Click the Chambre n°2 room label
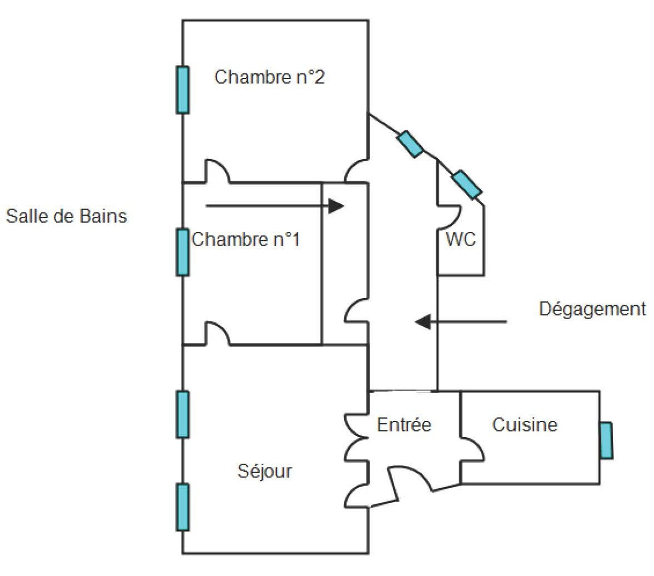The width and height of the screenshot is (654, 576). [269, 77]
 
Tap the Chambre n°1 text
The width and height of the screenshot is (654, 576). [245, 240]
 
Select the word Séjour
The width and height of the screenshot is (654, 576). [264, 471]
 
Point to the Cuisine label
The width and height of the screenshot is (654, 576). [525, 425]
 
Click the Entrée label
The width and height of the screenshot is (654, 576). [404, 425]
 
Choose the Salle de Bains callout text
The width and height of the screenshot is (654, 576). [66, 216]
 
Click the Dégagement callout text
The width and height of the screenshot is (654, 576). [592, 309]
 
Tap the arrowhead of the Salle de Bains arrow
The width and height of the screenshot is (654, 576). [336, 206]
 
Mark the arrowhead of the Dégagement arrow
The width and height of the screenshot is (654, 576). [423, 321]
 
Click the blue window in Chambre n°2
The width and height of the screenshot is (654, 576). [183, 90]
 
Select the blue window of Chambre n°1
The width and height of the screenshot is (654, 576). [183, 252]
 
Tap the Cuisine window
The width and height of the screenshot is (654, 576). [606, 440]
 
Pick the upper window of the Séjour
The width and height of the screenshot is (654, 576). [183, 414]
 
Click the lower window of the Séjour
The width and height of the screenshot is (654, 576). [183, 507]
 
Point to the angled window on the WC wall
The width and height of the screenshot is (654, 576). [466, 185]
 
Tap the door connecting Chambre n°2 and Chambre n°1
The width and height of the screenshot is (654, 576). [217, 172]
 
